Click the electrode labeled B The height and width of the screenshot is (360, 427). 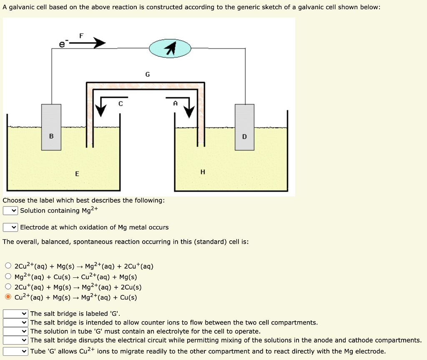pyautogui.click(x=51, y=127)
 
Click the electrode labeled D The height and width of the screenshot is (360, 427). pyautogui.click(x=244, y=127)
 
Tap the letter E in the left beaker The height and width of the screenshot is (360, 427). pyautogui.click(x=77, y=174)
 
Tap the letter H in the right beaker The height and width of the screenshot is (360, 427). pyautogui.click(x=203, y=172)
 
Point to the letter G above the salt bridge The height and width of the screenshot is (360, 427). pyautogui.click(x=147, y=75)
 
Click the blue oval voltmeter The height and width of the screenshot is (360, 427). pyautogui.click(x=170, y=49)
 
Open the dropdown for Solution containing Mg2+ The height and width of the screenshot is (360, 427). pyautogui.click(x=10, y=211)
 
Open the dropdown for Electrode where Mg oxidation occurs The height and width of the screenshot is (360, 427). pyautogui.click(x=10, y=227)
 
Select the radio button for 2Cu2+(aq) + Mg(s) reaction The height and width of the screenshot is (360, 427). pyautogui.click(x=8, y=266)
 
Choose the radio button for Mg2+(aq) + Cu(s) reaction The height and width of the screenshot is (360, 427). pyautogui.click(x=8, y=277)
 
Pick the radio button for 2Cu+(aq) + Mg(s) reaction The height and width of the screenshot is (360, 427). pyautogui.click(x=8, y=287)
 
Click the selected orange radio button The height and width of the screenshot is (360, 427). pyautogui.click(x=8, y=297)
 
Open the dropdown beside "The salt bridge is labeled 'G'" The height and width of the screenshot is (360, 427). pyautogui.click(x=15, y=314)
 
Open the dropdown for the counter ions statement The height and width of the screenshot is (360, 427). pyautogui.click(x=15, y=322)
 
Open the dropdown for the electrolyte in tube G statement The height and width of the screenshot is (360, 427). pyautogui.click(x=15, y=331)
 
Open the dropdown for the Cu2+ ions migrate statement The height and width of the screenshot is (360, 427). pyautogui.click(x=15, y=351)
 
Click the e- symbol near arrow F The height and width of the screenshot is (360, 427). pyautogui.click(x=62, y=44)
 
